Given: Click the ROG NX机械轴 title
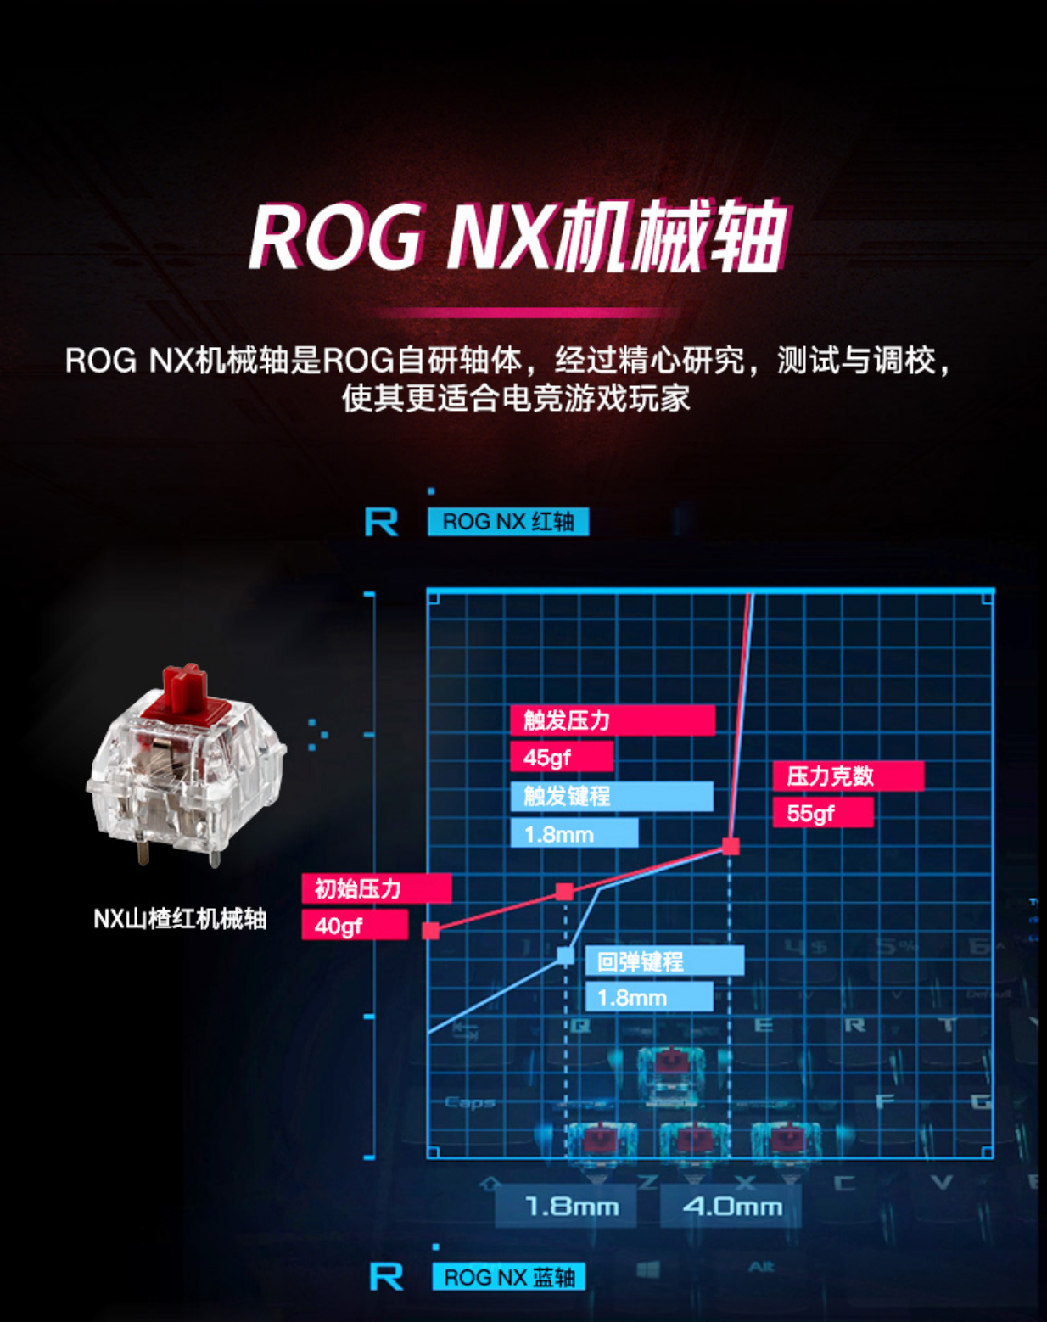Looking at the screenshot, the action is pyautogui.click(x=518, y=237).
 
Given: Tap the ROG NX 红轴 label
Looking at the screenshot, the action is pyautogui.click(x=507, y=522).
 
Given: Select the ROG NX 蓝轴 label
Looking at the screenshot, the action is pyautogui.click(x=508, y=1277).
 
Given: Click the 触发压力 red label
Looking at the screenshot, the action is pyautogui.click(x=612, y=720).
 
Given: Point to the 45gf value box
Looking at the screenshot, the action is pyautogui.click(x=561, y=757).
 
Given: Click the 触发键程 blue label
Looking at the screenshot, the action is pyautogui.click(x=611, y=796).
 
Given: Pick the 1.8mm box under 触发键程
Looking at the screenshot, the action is pyautogui.click(x=574, y=834).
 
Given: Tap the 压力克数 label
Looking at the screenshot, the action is pyautogui.click(x=848, y=776).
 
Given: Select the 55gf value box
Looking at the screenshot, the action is pyautogui.click(x=822, y=813).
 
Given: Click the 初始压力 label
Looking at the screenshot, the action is pyautogui.click(x=376, y=888).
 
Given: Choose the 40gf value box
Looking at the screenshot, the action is pyautogui.click(x=355, y=926).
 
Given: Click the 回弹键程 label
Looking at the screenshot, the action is pyautogui.click(x=664, y=961).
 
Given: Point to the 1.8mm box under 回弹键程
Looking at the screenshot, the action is pyautogui.click(x=648, y=998).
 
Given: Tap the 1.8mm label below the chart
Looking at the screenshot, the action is pyautogui.click(x=572, y=1206).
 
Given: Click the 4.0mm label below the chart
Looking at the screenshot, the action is pyautogui.click(x=731, y=1206).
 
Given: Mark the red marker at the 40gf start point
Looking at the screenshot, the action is pyautogui.click(x=431, y=931).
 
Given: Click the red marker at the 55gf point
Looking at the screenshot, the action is pyautogui.click(x=731, y=846).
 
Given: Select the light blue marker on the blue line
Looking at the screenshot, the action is pyautogui.click(x=565, y=956).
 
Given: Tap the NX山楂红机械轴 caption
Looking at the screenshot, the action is pyautogui.click(x=180, y=919).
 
